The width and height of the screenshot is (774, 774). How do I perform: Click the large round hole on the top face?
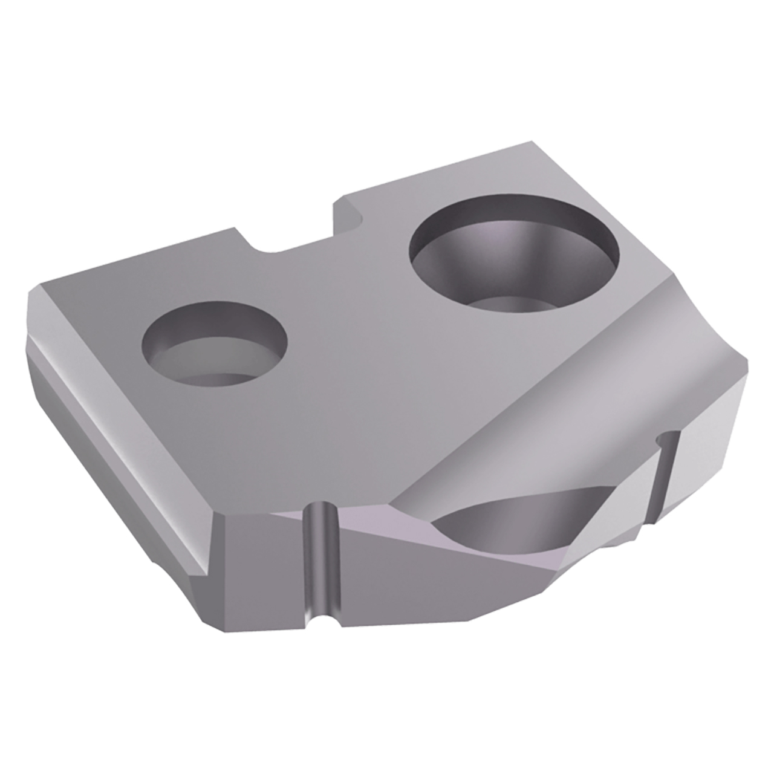514,257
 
